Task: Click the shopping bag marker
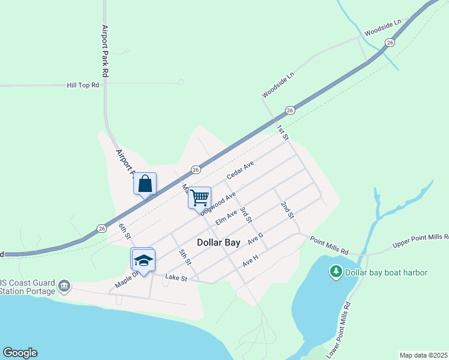coord(145,183)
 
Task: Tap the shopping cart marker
coord(199,197)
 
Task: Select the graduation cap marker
coord(143,259)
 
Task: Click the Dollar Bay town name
coord(218,243)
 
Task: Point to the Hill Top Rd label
coord(82,86)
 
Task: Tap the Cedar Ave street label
coord(240,170)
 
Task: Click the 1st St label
coord(282,133)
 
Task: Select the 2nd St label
coord(287,209)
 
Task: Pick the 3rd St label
coord(245,215)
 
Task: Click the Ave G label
coord(256,238)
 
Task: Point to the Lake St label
coord(176,278)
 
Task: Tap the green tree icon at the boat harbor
coord(336,273)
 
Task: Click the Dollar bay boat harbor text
coord(386,273)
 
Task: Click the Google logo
coord(20,353)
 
